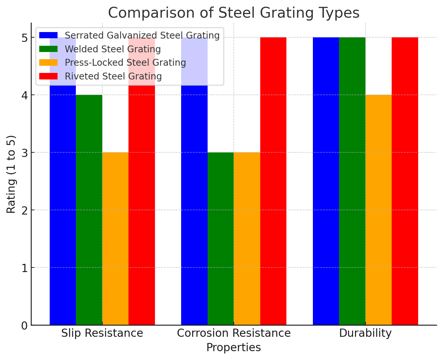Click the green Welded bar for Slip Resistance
point(89,209)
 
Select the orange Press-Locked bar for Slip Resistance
point(115,239)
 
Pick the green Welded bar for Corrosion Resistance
point(220,239)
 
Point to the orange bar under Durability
point(378,209)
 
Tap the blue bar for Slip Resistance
point(63,209)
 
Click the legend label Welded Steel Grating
point(113,49)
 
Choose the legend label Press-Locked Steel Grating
point(125,62)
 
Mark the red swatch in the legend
point(48,76)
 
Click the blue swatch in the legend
point(48,35)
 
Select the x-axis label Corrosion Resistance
point(233,333)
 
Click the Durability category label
point(365,333)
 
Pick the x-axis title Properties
point(233,347)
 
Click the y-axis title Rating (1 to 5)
point(11,174)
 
